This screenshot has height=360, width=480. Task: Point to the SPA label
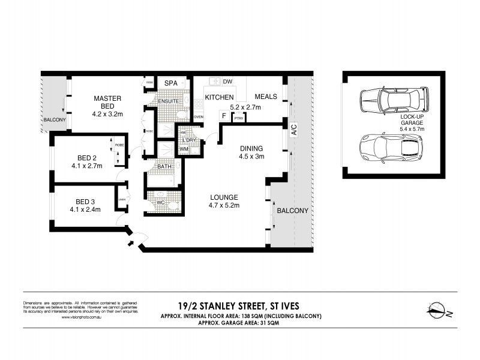coord(171,82)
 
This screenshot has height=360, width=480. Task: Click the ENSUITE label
coord(168,101)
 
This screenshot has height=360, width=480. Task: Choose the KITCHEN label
coord(219,97)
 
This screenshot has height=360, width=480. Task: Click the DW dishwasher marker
coord(227,82)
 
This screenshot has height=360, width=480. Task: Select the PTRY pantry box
coord(239,118)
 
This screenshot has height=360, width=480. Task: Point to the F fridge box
coord(224,115)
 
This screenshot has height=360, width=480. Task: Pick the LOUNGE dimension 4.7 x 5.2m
coord(224,206)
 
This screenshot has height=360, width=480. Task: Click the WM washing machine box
coord(184,149)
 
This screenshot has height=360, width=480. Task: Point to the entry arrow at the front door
coord(131,244)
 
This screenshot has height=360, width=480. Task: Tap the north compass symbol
coord(441,310)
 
